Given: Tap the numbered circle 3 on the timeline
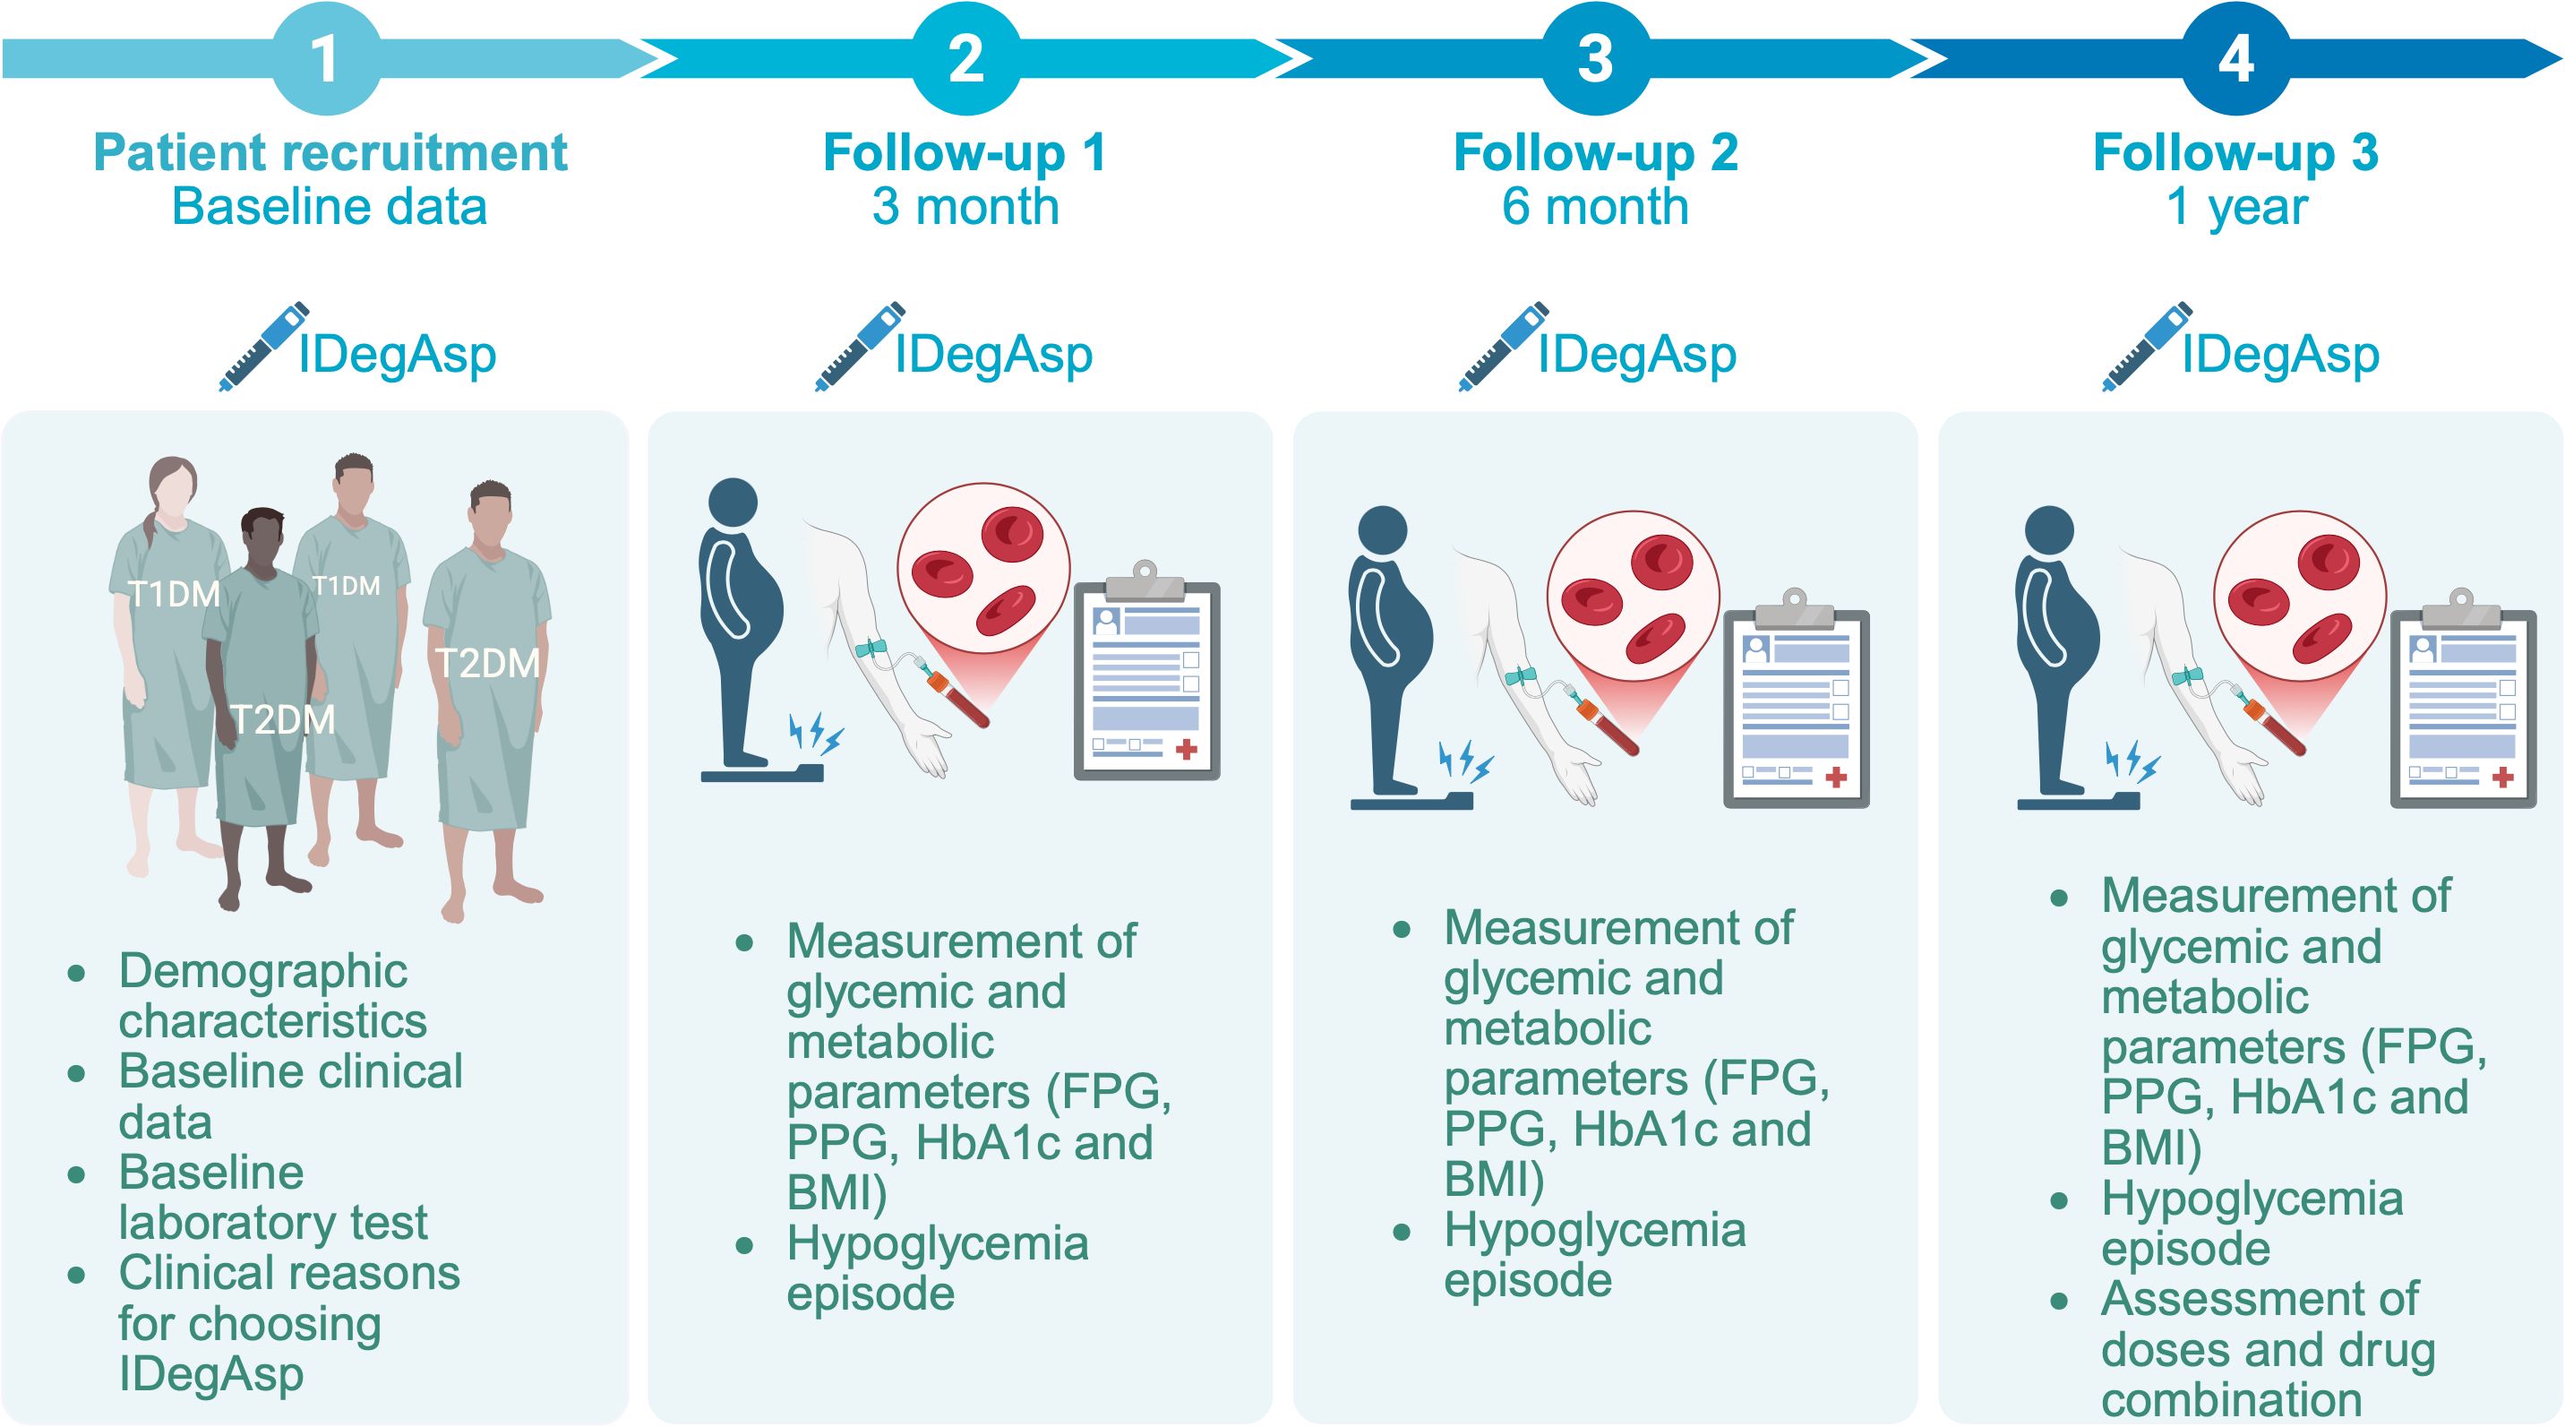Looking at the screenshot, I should click(1595, 57).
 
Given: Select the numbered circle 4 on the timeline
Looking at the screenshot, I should click(2235, 57).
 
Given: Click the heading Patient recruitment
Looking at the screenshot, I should click(330, 152).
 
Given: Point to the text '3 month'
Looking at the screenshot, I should click(965, 207).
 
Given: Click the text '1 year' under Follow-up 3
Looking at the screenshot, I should click(2236, 207).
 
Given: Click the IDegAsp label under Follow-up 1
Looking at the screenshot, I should click(992, 355).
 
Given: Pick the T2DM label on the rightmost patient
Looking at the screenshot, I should click(488, 663).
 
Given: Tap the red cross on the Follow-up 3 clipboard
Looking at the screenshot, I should click(2502, 778).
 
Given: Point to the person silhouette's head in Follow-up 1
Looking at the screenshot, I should click(733, 503).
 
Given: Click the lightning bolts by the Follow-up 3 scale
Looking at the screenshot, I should click(2131, 761).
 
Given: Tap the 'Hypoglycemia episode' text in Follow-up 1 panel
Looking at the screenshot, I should click(936, 1268).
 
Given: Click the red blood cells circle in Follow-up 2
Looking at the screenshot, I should click(1633, 597).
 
